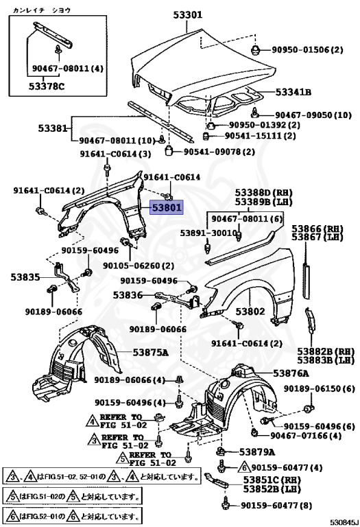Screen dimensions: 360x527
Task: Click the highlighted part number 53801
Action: [167, 207]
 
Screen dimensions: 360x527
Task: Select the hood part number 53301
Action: [188, 15]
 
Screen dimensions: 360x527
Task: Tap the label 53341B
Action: [293, 92]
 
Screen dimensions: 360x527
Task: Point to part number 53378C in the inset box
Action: [47, 86]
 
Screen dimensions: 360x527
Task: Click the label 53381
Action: [53, 128]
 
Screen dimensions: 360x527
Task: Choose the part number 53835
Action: [25, 277]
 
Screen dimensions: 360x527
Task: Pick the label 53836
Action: [128, 295]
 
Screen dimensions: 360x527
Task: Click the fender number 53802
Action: [250, 312]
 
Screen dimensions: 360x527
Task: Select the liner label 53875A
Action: [150, 352]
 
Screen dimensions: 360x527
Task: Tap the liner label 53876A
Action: [291, 373]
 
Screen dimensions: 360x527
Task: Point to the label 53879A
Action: [257, 452]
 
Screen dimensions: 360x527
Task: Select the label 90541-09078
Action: [213, 152]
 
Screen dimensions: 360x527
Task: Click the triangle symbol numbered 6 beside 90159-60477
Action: [244, 467]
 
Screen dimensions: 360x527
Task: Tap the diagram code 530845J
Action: [342, 522]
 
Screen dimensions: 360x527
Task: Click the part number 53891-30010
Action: [208, 233]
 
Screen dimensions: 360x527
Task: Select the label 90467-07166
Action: [299, 436]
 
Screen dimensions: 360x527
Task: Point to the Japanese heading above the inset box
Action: [42, 10]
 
